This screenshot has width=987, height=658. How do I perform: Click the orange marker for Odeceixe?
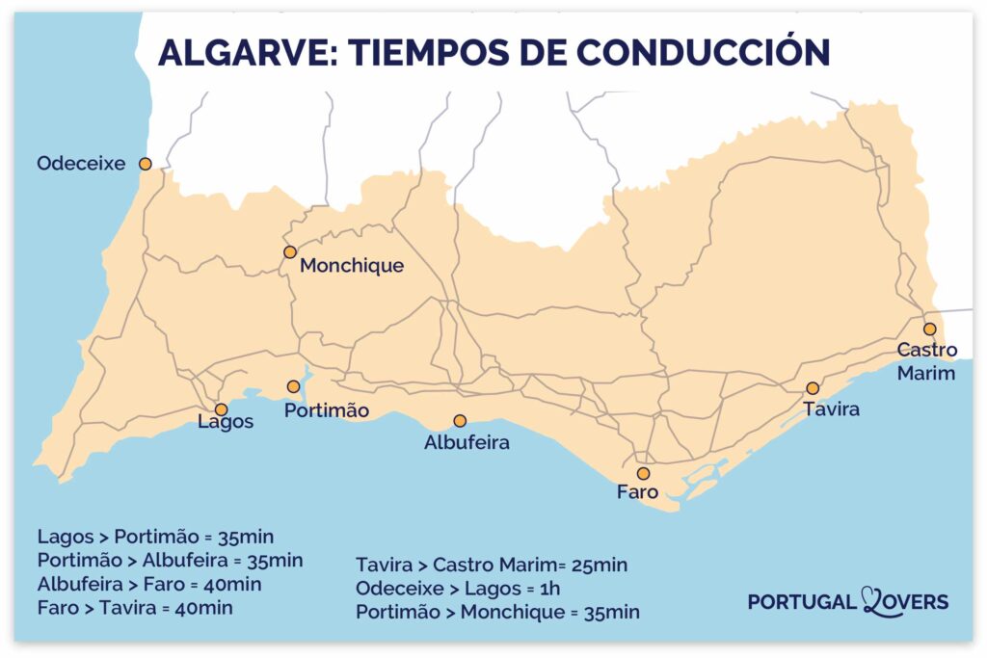click(x=146, y=164)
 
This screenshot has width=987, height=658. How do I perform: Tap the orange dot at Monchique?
click(x=289, y=251)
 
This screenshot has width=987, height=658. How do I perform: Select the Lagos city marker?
click(x=221, y=409)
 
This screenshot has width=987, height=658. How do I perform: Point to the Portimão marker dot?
click(x=293, y=386)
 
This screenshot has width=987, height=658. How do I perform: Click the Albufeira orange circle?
click(x=460, y=421)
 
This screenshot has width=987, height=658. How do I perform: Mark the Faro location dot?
click(x=643, y=473)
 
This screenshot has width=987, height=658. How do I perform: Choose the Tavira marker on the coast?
click(x=813, y=388)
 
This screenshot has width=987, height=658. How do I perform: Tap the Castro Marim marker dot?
click(x=929, y=329)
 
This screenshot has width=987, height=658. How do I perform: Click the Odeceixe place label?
click(x=81, y=164)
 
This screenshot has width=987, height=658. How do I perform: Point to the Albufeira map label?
click(x=467, y=444)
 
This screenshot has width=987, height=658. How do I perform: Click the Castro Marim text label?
click(x=926, y=361)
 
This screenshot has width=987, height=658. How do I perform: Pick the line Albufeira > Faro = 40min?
click(x=149, y=584)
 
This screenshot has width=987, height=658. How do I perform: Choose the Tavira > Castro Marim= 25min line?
click(x=492, y=565)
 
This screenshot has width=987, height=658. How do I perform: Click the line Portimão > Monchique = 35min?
click(x=497, y=612)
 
